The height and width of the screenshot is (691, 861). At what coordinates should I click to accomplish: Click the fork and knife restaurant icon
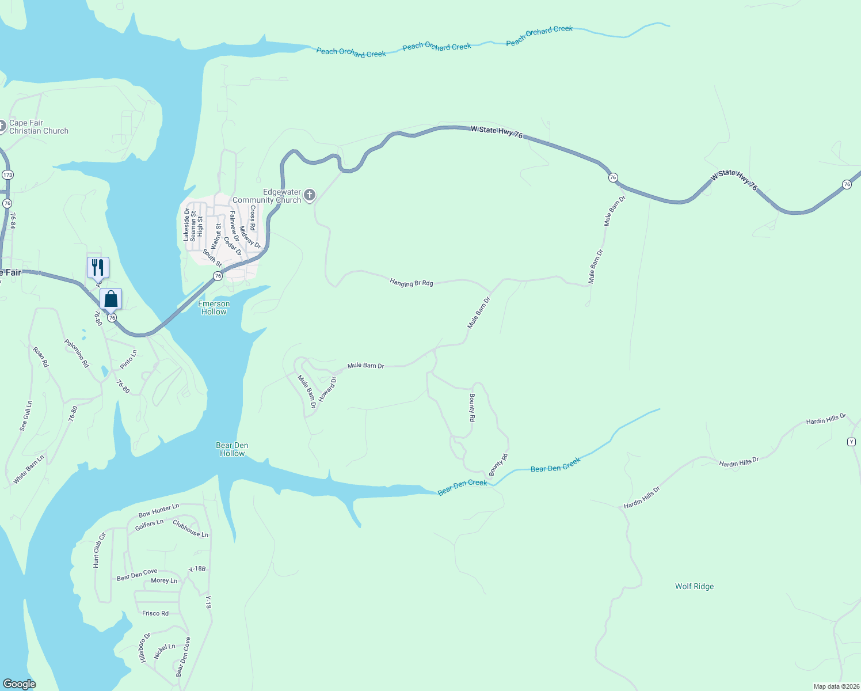coord(98,268)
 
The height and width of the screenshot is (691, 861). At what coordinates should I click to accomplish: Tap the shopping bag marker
coord(111,299)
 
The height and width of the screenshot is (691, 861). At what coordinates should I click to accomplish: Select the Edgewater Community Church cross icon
coord(310,196)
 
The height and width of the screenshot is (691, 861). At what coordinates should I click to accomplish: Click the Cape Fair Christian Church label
coord(39,127)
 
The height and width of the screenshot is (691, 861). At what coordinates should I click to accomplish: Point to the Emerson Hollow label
coord(214,307)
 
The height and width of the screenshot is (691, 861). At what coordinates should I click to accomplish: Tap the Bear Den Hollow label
coord(232,449)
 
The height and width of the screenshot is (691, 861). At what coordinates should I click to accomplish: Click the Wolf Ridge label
coord(694,586)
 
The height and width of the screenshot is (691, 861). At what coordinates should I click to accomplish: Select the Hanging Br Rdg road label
coord(411,282)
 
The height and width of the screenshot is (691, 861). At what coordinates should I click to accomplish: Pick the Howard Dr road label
coord(327,389)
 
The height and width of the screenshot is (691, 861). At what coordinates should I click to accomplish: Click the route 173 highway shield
coord(7,174)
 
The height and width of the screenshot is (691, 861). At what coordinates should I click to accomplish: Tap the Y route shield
coord(852,442)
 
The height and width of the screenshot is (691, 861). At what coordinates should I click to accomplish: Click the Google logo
coord(20,684)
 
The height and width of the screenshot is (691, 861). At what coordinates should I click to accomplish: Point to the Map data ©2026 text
coord(836,686)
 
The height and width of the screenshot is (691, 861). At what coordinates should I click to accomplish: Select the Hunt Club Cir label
coord(100,550)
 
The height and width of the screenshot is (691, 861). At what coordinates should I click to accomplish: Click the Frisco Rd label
coord(155,613)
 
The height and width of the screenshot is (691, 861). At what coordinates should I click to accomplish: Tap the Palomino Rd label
coord(77,353)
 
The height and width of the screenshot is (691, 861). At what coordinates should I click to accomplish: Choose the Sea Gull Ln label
coord(26,416)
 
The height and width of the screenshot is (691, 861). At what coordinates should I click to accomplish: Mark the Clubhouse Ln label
coord(191,529)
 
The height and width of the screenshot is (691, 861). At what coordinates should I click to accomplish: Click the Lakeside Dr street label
coord(186,225)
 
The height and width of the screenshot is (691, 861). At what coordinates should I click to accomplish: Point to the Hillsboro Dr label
coord(144,647)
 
